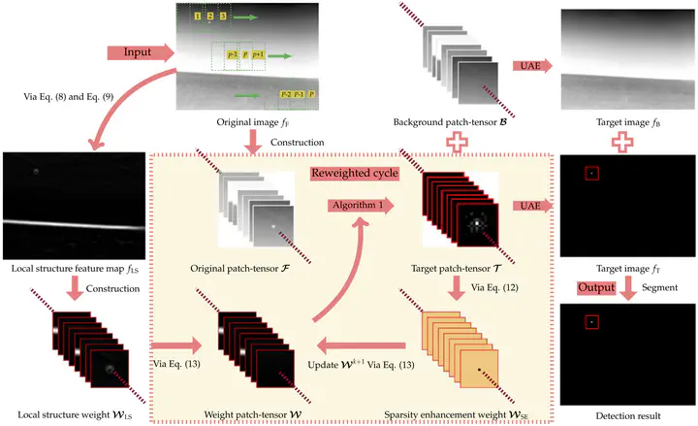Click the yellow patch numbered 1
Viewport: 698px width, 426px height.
pos(198,16)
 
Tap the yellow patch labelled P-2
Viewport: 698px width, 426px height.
pos(285,94)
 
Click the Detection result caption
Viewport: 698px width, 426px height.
pos(625,415)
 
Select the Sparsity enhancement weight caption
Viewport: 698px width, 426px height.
pos(461,415)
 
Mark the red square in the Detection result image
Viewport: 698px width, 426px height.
pos(590,321)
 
